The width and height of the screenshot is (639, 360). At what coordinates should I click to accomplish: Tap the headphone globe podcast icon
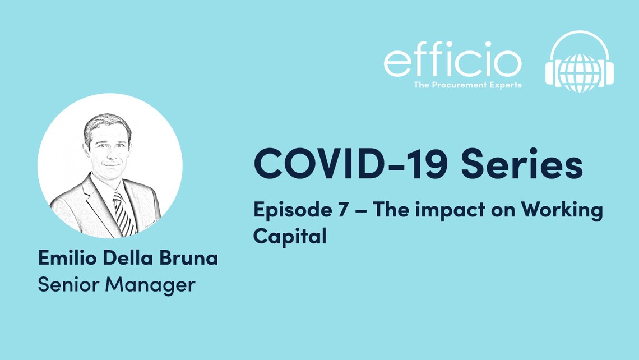coord(580,62)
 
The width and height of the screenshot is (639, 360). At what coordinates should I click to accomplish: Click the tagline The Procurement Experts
coord(467,85)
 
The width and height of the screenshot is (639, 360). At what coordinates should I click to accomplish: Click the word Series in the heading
coord(522,164)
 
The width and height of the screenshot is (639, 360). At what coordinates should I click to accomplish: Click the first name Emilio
coord(67,258)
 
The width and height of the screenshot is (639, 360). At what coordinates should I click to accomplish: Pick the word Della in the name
coord(128,258)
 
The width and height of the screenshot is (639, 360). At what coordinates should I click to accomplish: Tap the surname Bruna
coord(189,258)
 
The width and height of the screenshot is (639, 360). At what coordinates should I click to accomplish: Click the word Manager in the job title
coord(150,285)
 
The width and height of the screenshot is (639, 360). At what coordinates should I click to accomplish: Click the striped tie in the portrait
coord(123,214)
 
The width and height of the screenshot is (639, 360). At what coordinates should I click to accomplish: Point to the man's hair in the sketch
coord(106,124)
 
